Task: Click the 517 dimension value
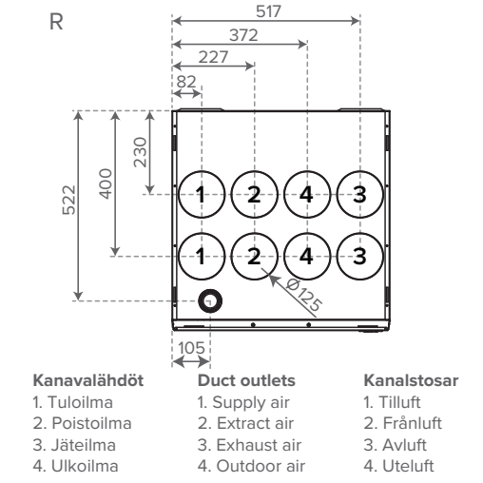click(268, 11)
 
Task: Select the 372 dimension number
click(243, 35)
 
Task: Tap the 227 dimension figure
click(213, 57)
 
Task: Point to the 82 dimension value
click(186, 82)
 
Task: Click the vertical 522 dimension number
click(69, 200)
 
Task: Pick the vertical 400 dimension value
click(106, 184)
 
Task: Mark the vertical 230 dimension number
click(140, 152)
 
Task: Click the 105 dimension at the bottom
click(191, 348)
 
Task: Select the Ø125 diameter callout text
click(304, 295)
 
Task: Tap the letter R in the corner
click(56, 22)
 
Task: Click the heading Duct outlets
click(246, 380)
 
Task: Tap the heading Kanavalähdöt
click(88, 380)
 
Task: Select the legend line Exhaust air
click(249, 445)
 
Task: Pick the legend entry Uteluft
click(398, 466)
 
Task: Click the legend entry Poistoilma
click(82, 423)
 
